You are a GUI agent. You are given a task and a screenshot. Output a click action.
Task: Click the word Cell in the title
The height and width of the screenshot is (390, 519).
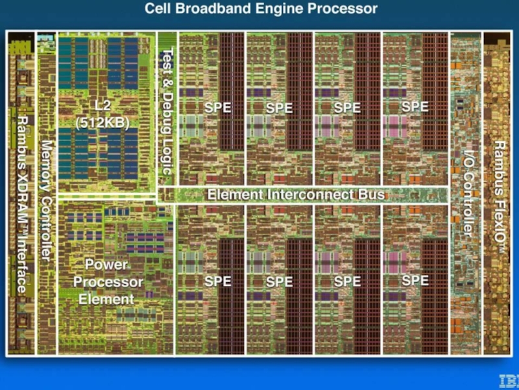pyautogui.click(x=160, y=9)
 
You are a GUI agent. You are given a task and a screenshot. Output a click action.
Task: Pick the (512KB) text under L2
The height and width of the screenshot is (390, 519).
pyautogui.click(x=103, y=122)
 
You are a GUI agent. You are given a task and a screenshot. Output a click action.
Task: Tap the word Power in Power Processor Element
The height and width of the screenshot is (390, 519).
pyautogui.click(x=106, y=265)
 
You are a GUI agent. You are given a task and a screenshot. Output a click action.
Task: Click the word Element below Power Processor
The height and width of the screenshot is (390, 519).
pyautogui.click(x=106, y=300)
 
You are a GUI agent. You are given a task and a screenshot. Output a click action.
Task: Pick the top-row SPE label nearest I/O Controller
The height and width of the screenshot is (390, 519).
pyautogui.click(x=415, y=107)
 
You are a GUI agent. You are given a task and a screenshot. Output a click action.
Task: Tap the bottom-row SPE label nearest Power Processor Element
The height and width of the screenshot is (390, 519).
pyautogui.click(x=217, y=281)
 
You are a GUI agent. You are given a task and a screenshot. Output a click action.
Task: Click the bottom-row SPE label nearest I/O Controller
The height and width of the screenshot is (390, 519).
pyautogui.click(x=415, y=280)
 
